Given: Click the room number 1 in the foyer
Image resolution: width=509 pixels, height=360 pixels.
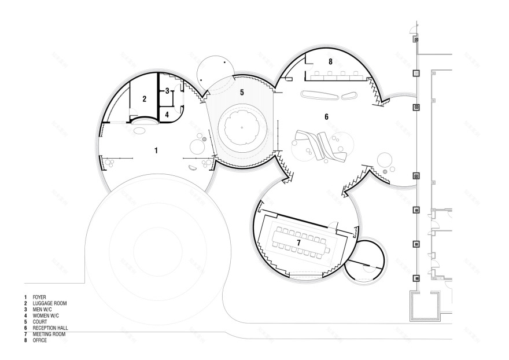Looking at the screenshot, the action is point(156,150).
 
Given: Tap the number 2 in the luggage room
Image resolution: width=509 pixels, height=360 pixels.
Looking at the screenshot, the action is point(145,99).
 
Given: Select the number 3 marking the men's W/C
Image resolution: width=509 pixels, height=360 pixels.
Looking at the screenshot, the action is point(167,91).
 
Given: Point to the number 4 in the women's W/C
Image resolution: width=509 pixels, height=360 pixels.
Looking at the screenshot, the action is point(167,115).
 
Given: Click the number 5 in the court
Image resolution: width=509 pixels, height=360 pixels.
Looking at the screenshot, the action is point(242,93).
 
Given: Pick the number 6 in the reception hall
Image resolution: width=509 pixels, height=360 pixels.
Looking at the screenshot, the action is point(327,117).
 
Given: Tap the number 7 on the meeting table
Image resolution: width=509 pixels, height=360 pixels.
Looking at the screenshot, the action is point(298,243).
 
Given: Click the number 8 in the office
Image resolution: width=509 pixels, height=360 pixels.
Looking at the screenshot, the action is point(330,62).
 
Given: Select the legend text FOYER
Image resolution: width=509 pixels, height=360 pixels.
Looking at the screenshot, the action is point(39,297).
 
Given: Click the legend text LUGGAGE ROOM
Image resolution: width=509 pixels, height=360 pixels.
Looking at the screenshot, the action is point(50,303).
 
